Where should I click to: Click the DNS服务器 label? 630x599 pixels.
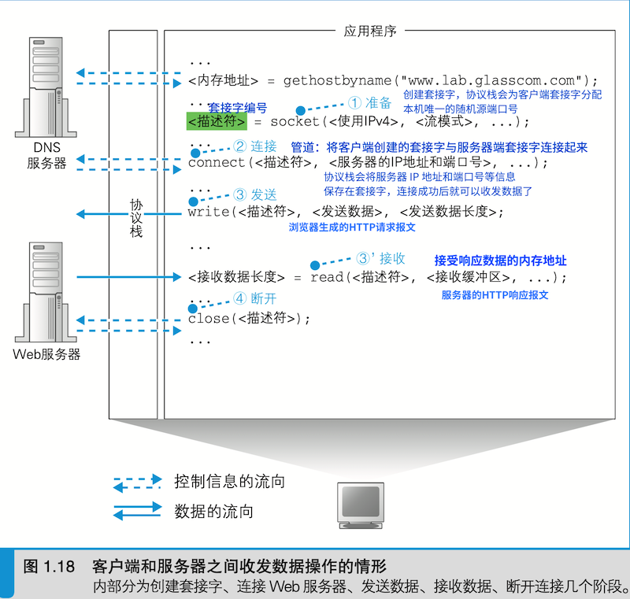pos(46,156)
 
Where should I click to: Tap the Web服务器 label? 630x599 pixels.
pos(47,354)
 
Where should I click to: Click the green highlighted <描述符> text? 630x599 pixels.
pos(217,122)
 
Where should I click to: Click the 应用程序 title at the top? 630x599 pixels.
pos(370,31)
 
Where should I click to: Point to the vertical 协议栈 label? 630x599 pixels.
pos(136,218)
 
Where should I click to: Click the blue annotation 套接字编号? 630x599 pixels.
pos(237,107)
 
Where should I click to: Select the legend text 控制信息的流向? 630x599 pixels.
pos(229,481)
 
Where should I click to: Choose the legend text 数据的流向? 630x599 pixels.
pos(213,512)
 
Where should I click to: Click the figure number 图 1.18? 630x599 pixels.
pos(49,567)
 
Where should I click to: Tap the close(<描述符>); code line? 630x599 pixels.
pos(250,319)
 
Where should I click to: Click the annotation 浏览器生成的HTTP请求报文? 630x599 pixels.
pos(352,227)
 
